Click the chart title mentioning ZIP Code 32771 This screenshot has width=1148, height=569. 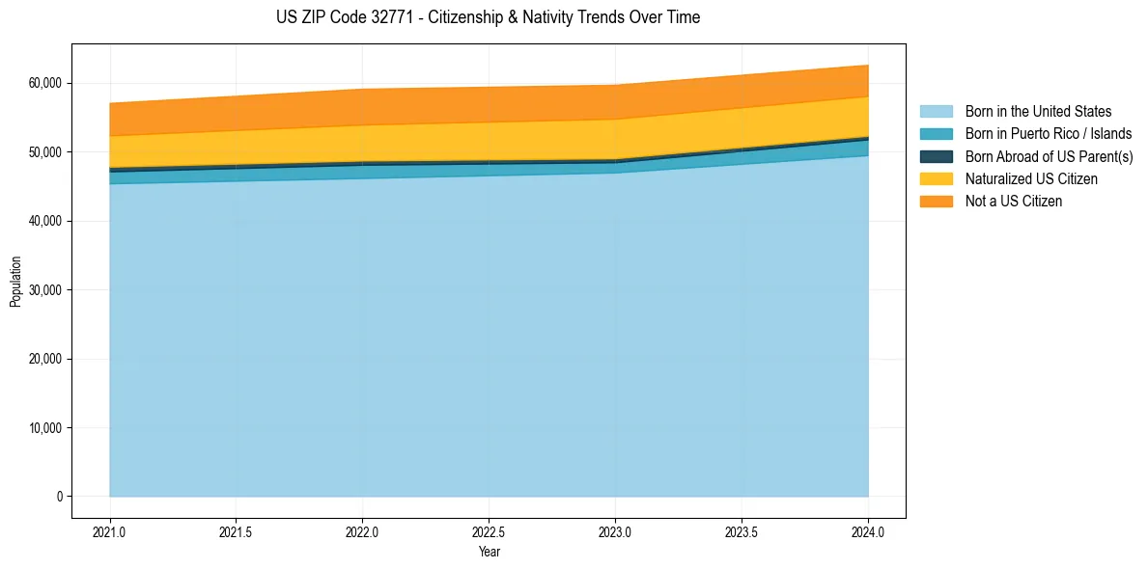point(488,17)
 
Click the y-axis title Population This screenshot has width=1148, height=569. point(15,282)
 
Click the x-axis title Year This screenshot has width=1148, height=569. point(489,553)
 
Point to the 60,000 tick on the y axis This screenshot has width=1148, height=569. point(44,84)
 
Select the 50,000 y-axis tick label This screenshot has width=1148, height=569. point(44,152)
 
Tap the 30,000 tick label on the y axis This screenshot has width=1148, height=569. point(44,290)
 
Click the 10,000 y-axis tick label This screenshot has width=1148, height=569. point(44,428)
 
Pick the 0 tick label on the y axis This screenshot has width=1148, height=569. point(58,497)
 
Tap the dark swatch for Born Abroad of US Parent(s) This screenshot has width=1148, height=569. point(936,156)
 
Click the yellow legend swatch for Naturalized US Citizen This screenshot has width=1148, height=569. point(936,179)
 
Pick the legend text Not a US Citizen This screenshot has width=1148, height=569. point(1013,202)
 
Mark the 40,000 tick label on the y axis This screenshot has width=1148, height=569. point(44,222)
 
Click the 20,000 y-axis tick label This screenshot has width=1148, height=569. point(44,360)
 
